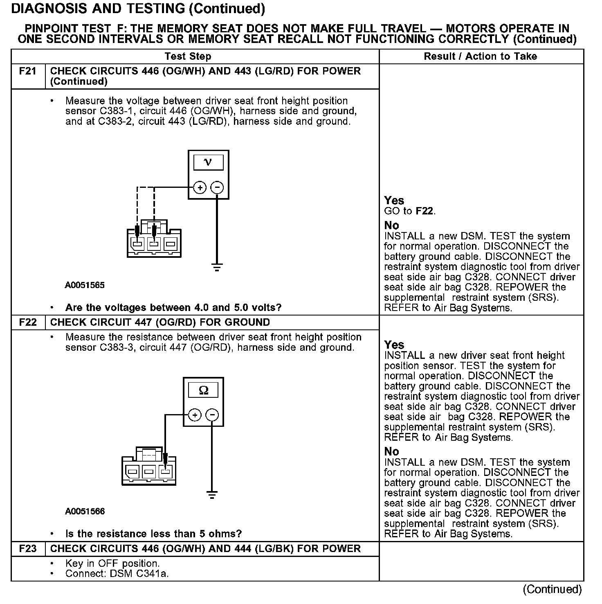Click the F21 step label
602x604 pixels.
click(x=28, y=71)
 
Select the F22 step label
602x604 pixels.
click(x=28, y=322)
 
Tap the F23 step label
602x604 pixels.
click(x=28, y=549)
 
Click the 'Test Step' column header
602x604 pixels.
click(x=188, y=56)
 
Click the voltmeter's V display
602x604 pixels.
click(x=208, y=162)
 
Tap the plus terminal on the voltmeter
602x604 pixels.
click(x=200, y=188)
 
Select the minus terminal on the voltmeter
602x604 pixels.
click(x=217, y=188)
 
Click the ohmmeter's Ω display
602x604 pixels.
click(x=203, y=390)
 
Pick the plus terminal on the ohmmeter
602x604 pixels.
click(x=195, y=415)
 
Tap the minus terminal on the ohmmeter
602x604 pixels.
click(x=212, y=415)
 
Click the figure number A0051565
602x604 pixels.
click(x=85, y=285)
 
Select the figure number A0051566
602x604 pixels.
click(x=85, y=511)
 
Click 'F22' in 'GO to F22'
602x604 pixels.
click(x=425, y=211)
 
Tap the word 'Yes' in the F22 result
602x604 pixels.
click(x=394, y=345)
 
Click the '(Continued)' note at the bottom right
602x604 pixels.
click(x=552, y=589)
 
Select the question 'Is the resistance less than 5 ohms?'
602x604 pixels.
click(x=153, y=534)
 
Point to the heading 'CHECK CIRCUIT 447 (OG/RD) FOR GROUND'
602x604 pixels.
click(x=160, y=322)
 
